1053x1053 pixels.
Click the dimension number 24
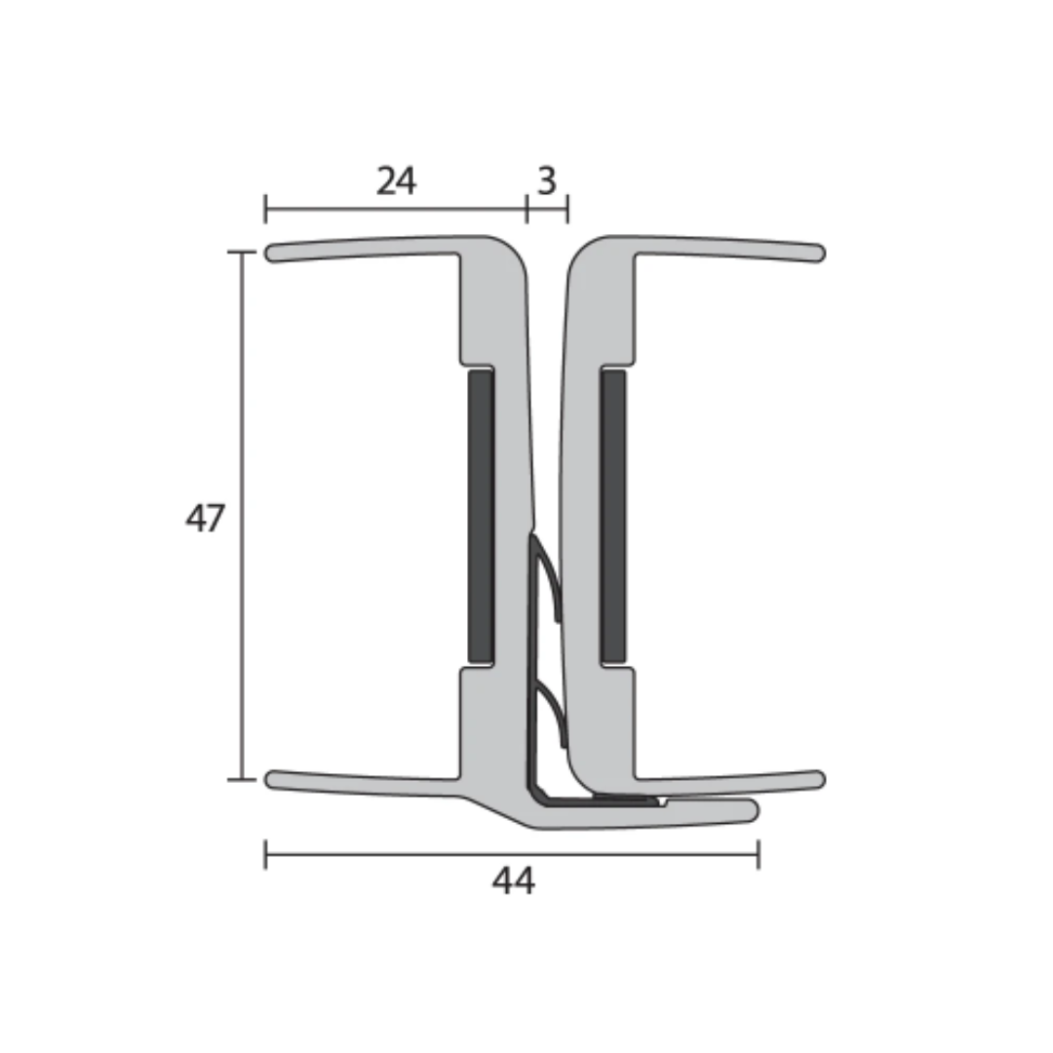[396, 181]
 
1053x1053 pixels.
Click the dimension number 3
[547, 181]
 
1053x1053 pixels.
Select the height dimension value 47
[205, 518]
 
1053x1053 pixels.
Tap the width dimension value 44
[513, 881]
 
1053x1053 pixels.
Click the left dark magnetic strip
[480, 514]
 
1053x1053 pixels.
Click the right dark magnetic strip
[613, 514]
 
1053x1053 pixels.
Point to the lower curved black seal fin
[552, 712]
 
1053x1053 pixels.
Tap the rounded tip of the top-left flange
[274, 253]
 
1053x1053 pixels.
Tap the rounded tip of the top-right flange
[817, 253]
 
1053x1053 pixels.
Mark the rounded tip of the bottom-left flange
[274, 779]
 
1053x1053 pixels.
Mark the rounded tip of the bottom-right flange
[817, 779]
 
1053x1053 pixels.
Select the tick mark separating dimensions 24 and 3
[526, 209]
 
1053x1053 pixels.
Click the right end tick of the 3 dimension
[567, 209]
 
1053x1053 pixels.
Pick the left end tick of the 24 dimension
[266, 209]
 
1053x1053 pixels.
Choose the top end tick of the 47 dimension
[241, 252]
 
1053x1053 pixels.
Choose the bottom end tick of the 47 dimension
[241, 780]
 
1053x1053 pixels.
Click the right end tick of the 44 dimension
[759, 855]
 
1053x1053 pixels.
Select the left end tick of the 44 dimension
[266, 855]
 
